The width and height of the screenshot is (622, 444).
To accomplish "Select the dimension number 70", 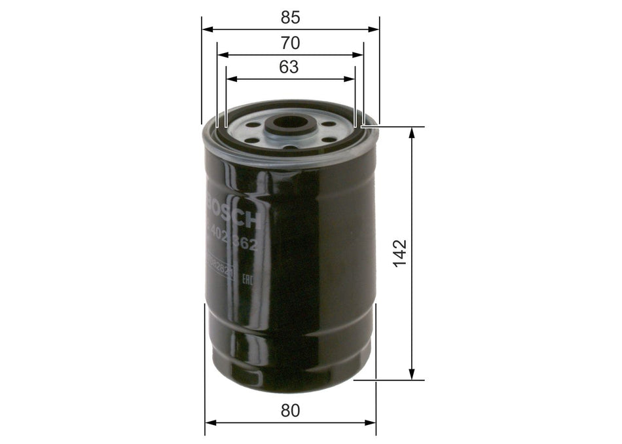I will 290,43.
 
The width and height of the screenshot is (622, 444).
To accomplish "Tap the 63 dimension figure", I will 289,67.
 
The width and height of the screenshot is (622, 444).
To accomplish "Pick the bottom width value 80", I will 290,411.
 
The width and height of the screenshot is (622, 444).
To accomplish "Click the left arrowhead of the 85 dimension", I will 206,29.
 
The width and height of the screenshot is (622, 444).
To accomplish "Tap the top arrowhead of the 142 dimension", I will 412,132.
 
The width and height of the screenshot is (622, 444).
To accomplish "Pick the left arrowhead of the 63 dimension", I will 230,79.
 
